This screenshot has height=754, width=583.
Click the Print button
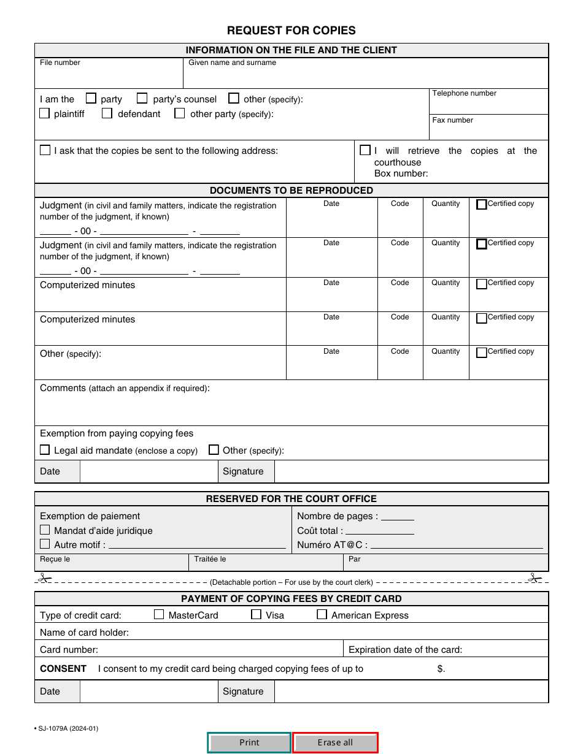(x=249, y=742)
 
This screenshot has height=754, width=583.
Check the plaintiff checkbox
(x=45, y=113)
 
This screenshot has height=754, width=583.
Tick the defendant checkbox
(x=107, y=113)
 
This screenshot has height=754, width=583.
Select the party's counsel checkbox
(x=142, y=98)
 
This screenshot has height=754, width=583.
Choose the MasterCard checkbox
(x=159, y=614)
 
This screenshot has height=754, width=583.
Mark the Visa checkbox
(x=257, y=614)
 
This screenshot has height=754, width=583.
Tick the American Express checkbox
(x=322, y=614)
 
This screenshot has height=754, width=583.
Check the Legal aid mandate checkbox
(x=45, y=450)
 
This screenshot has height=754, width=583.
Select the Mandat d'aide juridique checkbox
(x=45, y=530)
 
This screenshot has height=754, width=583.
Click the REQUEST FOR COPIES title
(x=291, y=31)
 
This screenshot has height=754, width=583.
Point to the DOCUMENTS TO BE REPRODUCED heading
(x=291, y=191)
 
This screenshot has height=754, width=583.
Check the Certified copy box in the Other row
(x=482, y=352)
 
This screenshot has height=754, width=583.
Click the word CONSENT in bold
(x=63, y=669)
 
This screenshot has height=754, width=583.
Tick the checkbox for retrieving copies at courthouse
(x=365, y=150)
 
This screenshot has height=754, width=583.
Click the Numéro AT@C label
(x=332, y=545)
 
